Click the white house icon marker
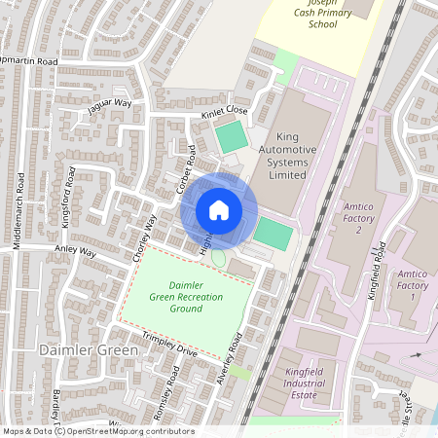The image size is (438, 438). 219,209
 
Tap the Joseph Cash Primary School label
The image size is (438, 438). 321,15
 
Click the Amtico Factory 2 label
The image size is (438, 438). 358,218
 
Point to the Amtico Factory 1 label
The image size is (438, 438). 413,285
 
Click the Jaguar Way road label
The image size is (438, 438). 109,105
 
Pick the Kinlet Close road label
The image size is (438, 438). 225,112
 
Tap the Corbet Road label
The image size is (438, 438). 187,168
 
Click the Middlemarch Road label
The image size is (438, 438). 18,213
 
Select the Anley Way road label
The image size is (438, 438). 75,251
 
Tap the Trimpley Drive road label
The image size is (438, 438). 169,344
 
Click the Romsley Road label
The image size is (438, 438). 166,395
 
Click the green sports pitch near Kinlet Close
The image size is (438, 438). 232,136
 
